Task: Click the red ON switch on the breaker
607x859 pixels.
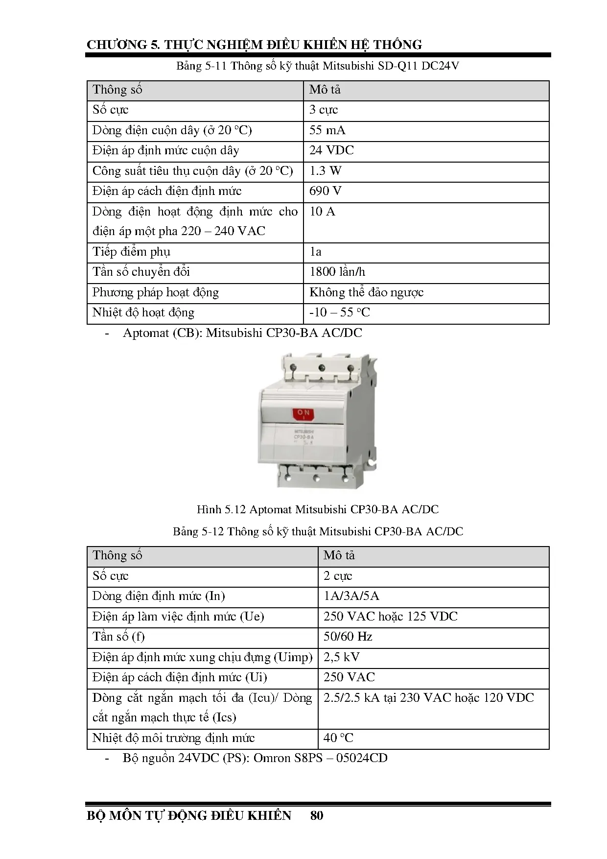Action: click(x=303, y=414)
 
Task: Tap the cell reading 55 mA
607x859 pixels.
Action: click(x=327, y=130)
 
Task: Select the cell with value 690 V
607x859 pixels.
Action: click(x=326, y=191)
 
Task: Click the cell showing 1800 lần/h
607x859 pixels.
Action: click(x=337, y=272)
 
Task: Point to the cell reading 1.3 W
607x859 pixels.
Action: click(x=326, y=171)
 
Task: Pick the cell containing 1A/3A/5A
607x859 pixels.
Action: click(x=351, y=596)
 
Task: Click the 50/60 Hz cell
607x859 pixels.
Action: click(x=348, y=637)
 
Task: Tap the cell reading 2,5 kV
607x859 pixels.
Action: click(x=341, y=657)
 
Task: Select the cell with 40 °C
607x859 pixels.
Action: click(x=338, y=738)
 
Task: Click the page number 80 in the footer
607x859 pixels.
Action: click(x=317, y=815)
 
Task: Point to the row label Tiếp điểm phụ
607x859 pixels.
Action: click(x=131, y=252)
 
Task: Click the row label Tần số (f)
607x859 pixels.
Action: click(x=118, y=637)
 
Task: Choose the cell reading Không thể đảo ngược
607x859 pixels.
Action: click(x=366, y=292)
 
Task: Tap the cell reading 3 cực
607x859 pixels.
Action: click(x=324, y=110)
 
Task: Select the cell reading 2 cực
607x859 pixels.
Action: click(x=338, y=576)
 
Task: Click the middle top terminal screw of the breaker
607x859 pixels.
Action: click(x=322, y=368)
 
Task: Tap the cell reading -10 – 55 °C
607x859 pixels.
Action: click(x=340, y=312)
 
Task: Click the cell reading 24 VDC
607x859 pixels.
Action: click(x=331, y=150)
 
